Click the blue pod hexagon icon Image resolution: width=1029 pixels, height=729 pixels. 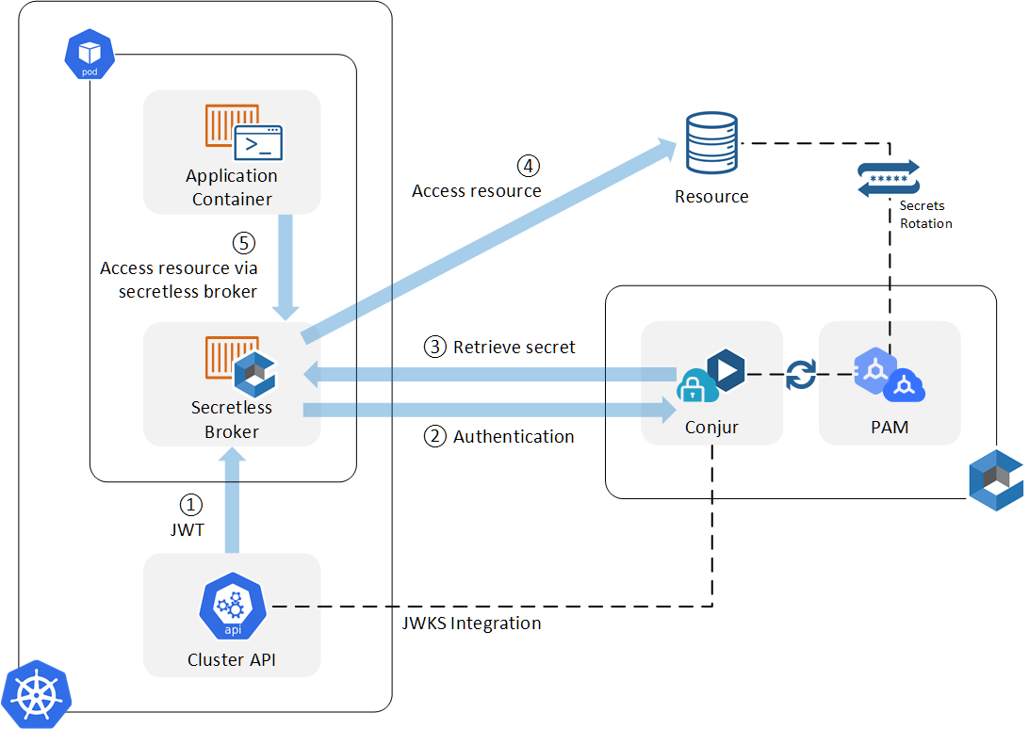coord(90,54)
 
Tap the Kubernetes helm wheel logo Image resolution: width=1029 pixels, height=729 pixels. coord(36,694)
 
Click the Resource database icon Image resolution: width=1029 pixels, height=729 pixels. coord(711,144)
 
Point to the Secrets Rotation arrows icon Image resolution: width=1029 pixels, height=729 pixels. coord(888,179)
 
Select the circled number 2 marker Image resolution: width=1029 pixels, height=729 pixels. coord(435,436)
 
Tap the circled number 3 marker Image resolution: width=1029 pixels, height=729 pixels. coord(435,347)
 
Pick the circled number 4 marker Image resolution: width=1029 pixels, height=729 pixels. coord(529,166)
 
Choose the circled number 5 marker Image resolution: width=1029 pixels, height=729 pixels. coord(244,243)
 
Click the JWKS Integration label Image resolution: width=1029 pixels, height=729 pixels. coord(471,623)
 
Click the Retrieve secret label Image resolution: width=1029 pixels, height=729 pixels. coord(514,347)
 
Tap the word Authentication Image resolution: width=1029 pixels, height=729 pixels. coord(514,437)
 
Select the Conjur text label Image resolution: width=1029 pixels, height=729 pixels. coord(711,427)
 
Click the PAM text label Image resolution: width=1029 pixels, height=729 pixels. coord(890,427)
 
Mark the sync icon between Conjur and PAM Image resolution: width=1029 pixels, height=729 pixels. coord(800,374)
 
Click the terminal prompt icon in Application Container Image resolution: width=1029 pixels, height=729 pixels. coord(258,143)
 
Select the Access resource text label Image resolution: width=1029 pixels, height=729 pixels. coord(477,191)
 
